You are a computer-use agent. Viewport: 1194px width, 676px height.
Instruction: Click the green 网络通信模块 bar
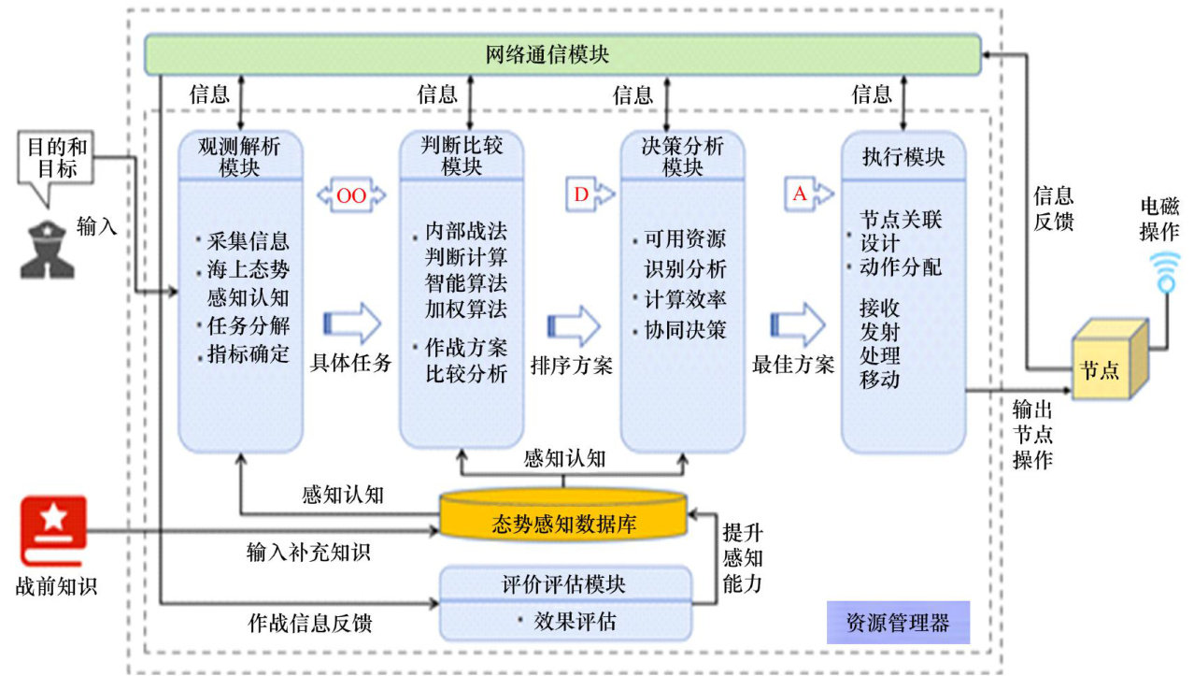coord(561,54)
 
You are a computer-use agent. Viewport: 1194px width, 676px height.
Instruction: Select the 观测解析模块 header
coord(240,156)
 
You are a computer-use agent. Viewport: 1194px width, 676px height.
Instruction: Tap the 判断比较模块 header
coord(462,155)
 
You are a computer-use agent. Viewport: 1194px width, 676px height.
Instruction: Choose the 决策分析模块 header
coord(683,155)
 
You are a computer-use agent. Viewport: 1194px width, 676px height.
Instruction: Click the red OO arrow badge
coord(351,194)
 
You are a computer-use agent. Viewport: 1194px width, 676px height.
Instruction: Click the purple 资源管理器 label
coord(897,622)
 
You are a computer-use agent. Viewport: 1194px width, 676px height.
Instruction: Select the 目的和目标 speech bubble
coord(55,161)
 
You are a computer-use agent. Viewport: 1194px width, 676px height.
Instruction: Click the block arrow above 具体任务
coord(351,324)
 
